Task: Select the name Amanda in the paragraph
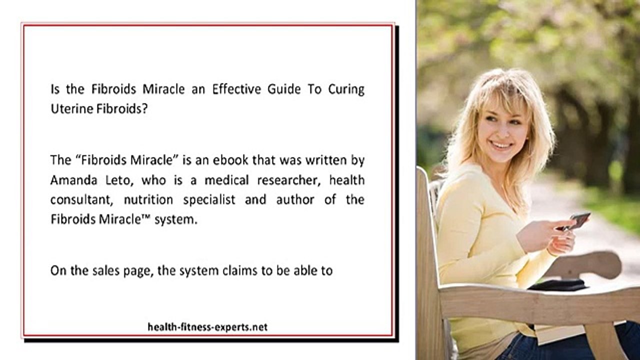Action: coord(71,180)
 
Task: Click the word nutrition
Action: coord(148,200)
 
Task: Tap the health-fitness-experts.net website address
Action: coord(207,327)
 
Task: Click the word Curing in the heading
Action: coord(346,89)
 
